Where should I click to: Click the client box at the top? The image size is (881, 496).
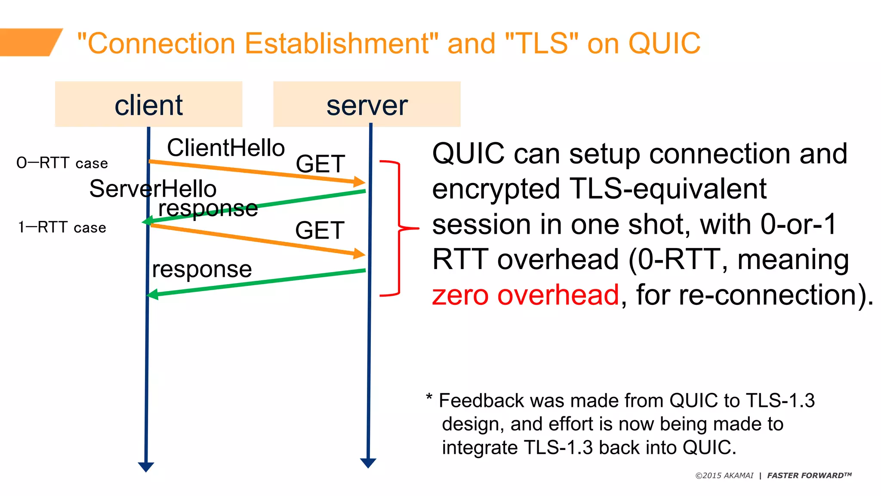coord(148,104)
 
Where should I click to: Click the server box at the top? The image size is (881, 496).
coord(367,104)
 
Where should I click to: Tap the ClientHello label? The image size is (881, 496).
coord(226,148)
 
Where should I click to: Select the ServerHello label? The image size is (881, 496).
coord(153,189)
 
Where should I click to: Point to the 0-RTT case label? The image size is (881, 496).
coord(62,163)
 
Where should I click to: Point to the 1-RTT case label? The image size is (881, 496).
coord(62,227)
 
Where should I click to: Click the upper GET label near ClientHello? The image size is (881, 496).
coord(320,164)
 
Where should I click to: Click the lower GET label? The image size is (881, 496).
coord(320,230)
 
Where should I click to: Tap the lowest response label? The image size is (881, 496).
coord(202,270)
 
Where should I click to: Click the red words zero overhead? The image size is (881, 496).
coord(525,295)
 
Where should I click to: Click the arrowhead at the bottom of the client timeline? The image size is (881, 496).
coord(146,467)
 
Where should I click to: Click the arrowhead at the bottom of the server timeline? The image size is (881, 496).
coord(368,463)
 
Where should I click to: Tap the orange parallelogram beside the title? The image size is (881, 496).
coord(30,42)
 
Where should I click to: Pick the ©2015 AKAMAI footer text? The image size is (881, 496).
coord(724,476)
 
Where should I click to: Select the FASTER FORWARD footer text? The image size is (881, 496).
coord(809,476)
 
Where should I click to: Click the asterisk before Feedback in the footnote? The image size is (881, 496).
coord(429,397)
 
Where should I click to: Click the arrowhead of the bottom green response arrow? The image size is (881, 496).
coord(152,295)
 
